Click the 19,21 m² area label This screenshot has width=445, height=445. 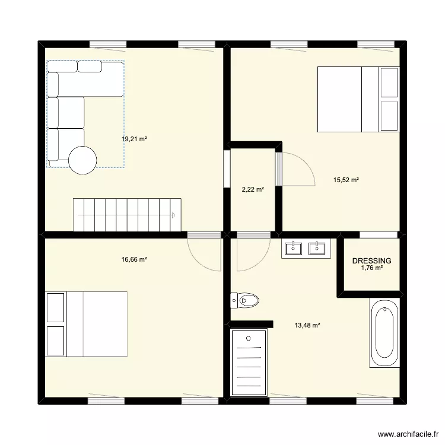(x=134, y=139)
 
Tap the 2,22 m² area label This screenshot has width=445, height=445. (x=253, y=190)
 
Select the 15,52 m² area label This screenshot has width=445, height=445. (x=346, y=180)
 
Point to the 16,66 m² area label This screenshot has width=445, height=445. (x=134, y=259)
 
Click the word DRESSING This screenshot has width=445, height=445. (x=372, y=260)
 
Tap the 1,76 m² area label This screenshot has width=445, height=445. (x=372, y=268)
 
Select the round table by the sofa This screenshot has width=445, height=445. (x=82, y=160)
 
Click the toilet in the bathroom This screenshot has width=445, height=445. (x=245, y=301)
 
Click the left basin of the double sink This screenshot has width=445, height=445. (x=294, y=247)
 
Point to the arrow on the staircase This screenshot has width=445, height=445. (x=173, y=215)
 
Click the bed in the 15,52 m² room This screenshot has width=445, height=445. (x=349, y=99)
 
